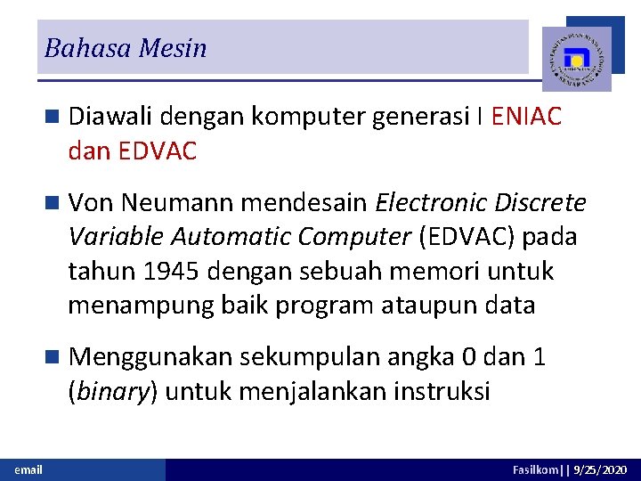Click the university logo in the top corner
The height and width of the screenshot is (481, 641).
(x=577, y=59)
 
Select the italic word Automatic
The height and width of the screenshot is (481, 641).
(x=231, y=237)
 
